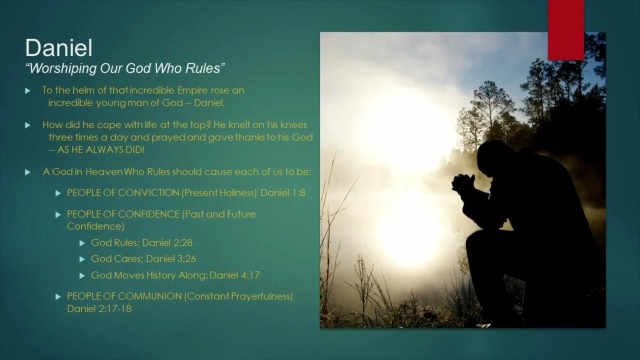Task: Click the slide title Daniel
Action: coord(59,47)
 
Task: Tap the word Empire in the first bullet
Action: coord(192,90)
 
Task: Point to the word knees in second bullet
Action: coord(293,125)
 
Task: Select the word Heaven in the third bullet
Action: coord(104,171)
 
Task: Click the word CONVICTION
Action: coord(148,193)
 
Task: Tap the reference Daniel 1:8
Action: coord(283,193)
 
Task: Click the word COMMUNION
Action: coord(149,296)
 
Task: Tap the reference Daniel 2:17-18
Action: coord(99,309)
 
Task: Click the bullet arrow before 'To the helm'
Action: coord(27,91)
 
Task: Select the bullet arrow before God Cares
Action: coord(82,259)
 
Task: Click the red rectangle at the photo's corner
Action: coord(566,30)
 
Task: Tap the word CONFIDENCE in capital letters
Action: coord(148,214)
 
